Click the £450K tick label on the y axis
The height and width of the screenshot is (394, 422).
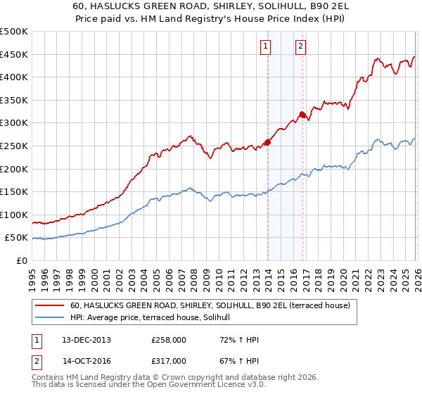14,55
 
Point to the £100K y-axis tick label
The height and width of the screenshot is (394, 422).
14,215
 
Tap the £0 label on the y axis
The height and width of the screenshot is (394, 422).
22,261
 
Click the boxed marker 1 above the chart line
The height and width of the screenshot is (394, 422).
266,47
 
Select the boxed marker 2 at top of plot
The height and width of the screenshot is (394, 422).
300,47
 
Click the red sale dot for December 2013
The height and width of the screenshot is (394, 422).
267,143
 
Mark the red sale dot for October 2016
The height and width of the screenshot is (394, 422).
302,115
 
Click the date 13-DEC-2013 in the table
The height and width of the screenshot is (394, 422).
82,340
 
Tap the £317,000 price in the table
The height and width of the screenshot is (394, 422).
169,360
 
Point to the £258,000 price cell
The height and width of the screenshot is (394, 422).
169,340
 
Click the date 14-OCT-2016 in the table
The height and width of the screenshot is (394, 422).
82,360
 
